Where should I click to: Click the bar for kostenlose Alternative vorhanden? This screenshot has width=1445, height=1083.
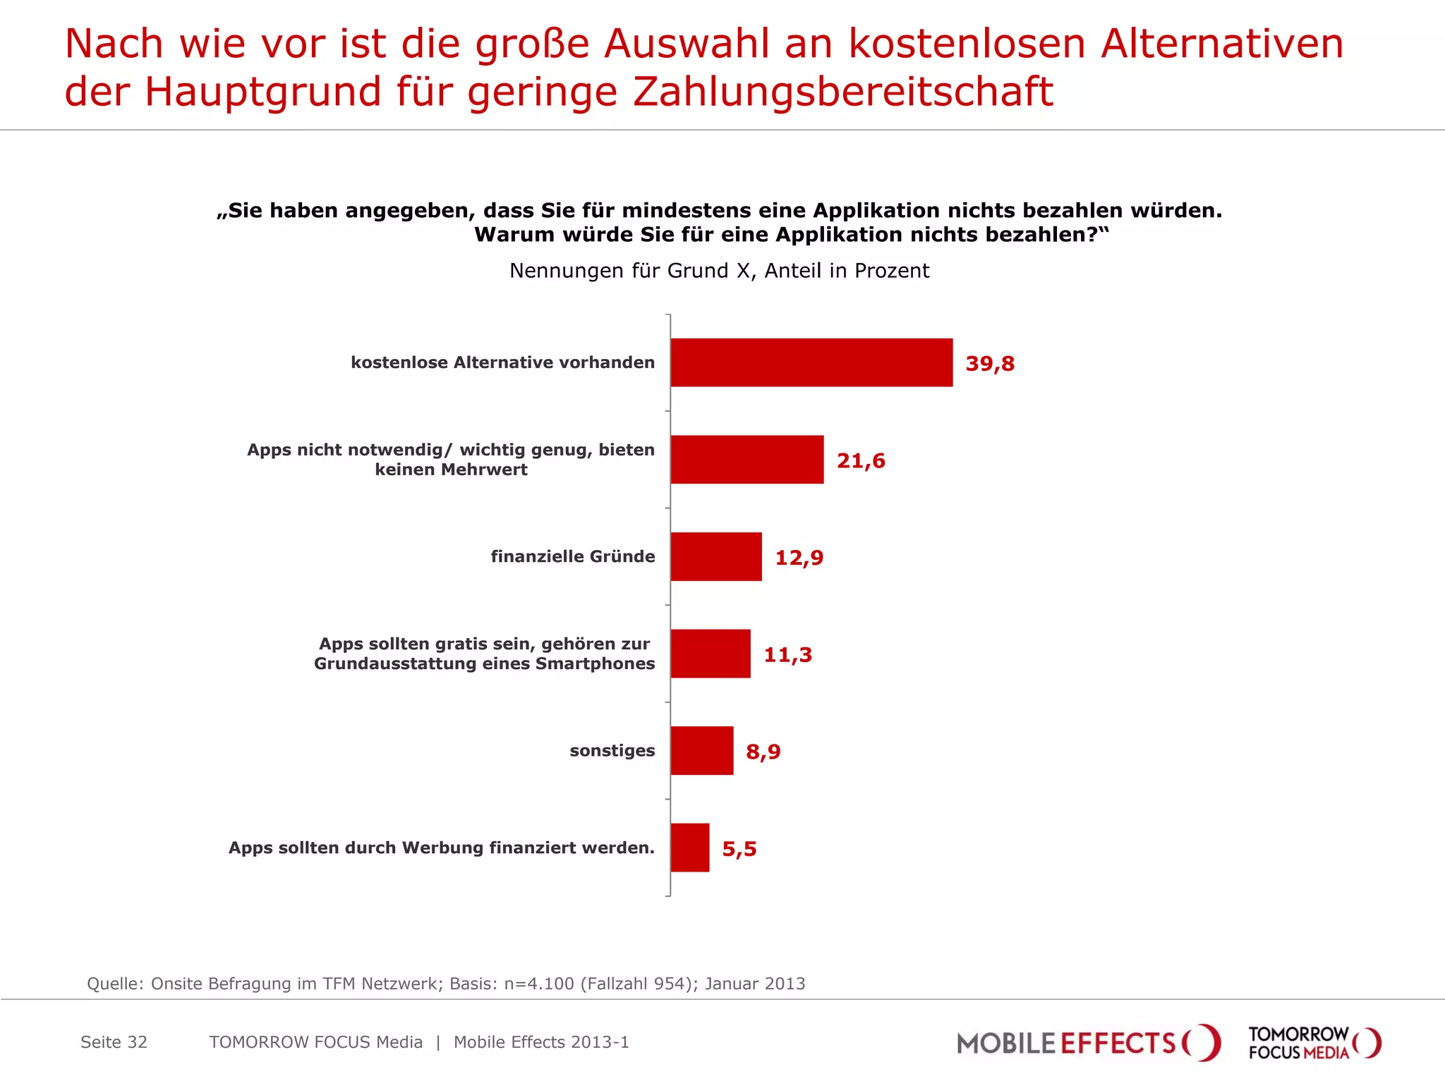coord(811,362)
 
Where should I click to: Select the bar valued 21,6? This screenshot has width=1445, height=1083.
coord(746,460)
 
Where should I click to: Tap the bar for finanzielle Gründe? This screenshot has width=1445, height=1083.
coord(715,556)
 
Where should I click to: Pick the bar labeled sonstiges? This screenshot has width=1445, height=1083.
coord(701,750)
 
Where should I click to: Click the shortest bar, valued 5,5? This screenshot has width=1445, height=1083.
coord(689,848)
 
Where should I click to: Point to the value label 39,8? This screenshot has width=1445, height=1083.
coord(989,364)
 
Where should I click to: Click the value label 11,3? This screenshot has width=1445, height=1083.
coord(787,655)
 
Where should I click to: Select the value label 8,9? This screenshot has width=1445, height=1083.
coord(763,752)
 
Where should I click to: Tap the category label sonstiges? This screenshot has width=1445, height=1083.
coord(612,750)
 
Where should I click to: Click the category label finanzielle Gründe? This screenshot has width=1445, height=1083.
coord(572,556)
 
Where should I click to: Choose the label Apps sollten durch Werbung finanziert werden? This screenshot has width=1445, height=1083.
coord(441,848)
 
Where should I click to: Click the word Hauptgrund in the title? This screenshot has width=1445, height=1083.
coord(262,92)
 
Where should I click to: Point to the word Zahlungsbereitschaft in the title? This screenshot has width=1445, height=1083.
coord(842,92)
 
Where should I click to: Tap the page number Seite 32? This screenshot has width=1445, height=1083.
coord(114,1042)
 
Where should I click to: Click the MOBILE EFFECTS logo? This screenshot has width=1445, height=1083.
coord(1087,1043)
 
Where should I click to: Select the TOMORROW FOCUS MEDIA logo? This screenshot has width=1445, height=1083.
coord(1314,1043)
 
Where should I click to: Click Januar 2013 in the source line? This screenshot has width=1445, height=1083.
coord(754,984)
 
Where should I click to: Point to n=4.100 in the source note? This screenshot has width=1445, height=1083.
coord(539,984)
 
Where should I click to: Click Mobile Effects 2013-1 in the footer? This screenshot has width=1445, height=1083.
coord(540,1042)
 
